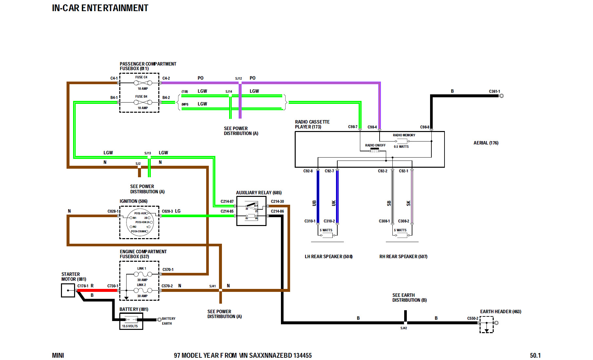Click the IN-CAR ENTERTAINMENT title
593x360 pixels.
point(100,8)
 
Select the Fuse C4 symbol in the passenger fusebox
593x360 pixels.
point(143,83)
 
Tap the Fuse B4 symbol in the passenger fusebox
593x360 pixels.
point(143,102)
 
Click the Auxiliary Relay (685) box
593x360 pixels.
point(251,211)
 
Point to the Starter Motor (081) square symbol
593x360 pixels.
point(68,290)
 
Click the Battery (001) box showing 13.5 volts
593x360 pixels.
point(131,321)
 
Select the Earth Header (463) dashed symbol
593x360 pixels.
point(486,325)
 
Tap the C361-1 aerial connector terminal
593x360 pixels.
point(501,96)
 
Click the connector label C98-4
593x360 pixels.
point(372,127)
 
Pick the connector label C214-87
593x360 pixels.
point(227,201)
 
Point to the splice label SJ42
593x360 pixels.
point(404,328)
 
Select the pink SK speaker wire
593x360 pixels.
point(412,197)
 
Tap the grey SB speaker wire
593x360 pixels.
point(392,197)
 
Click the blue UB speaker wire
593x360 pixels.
point(318,197)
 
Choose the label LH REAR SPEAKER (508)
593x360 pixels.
point(328,256)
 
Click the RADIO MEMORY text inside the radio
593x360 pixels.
point(404,135)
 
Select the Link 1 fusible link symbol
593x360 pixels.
point(143,274)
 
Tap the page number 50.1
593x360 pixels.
point(535,355)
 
